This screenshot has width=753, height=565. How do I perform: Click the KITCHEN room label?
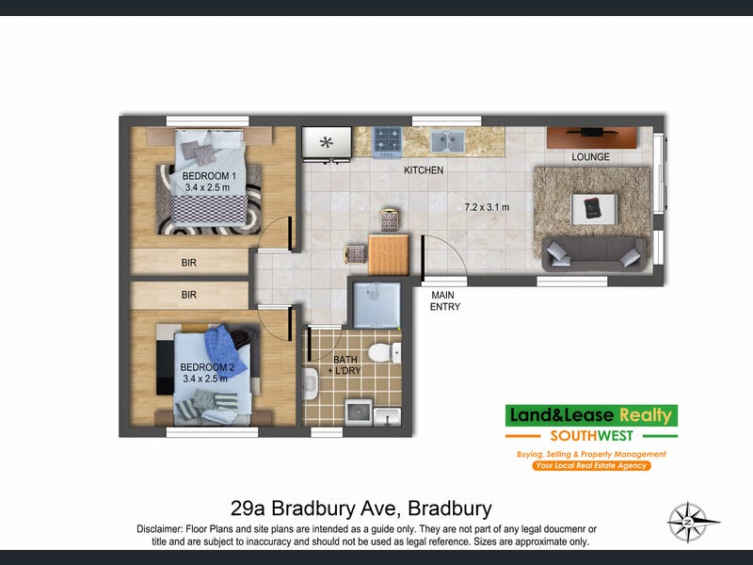coord(424,170)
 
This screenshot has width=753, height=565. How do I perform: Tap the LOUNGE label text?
coord(590,157)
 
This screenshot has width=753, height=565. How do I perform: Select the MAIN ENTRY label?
coord(444,300)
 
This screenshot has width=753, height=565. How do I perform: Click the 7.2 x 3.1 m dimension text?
coord(487,207)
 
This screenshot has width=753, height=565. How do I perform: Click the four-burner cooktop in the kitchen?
coord(387,142)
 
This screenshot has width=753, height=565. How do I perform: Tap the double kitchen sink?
coord(448,142)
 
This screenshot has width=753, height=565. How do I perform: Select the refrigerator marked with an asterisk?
coord(327,143)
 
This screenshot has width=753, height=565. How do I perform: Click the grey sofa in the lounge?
coord(594,253)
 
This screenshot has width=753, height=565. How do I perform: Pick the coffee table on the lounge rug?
coord(594,209)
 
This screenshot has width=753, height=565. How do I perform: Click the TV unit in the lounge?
coord(592,137)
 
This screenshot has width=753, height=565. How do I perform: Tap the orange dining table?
coord(389,254)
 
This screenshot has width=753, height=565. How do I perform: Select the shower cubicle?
coord(377,305)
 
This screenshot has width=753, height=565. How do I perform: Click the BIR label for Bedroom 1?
coord(189,263)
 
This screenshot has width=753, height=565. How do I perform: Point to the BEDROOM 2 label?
coord(207,367)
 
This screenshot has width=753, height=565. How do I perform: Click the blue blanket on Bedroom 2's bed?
coord(225,349)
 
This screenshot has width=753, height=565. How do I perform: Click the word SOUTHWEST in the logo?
coord(592,436)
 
